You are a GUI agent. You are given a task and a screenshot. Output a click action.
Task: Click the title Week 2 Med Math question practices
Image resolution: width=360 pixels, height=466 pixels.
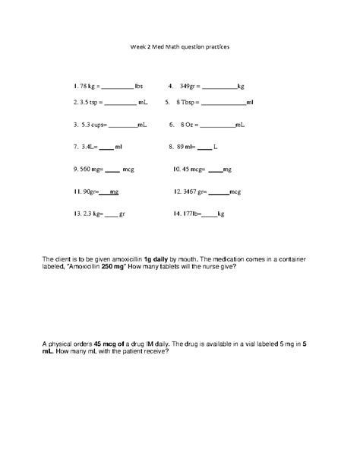179,46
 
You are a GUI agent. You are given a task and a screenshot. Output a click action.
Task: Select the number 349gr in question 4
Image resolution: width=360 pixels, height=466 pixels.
190,86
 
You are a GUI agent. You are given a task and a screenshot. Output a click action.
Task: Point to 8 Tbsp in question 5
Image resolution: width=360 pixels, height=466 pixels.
188,102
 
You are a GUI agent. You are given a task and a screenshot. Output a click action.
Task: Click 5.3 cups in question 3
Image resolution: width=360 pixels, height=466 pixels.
95,124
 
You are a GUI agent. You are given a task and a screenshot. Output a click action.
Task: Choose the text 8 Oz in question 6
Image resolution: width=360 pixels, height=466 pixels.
188,124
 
